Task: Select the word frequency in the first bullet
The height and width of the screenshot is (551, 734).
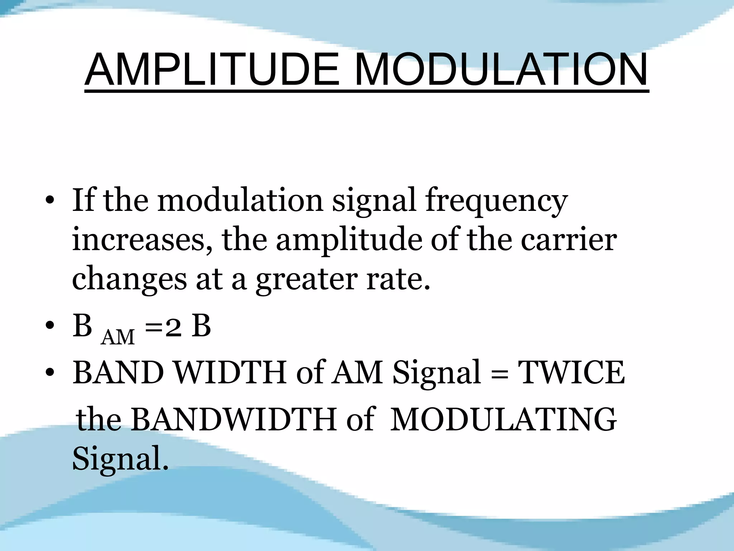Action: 496,201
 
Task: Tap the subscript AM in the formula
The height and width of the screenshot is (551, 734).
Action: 118,338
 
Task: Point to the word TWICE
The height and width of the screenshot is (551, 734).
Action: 572,373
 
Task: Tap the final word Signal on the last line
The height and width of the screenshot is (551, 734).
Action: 119,459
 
